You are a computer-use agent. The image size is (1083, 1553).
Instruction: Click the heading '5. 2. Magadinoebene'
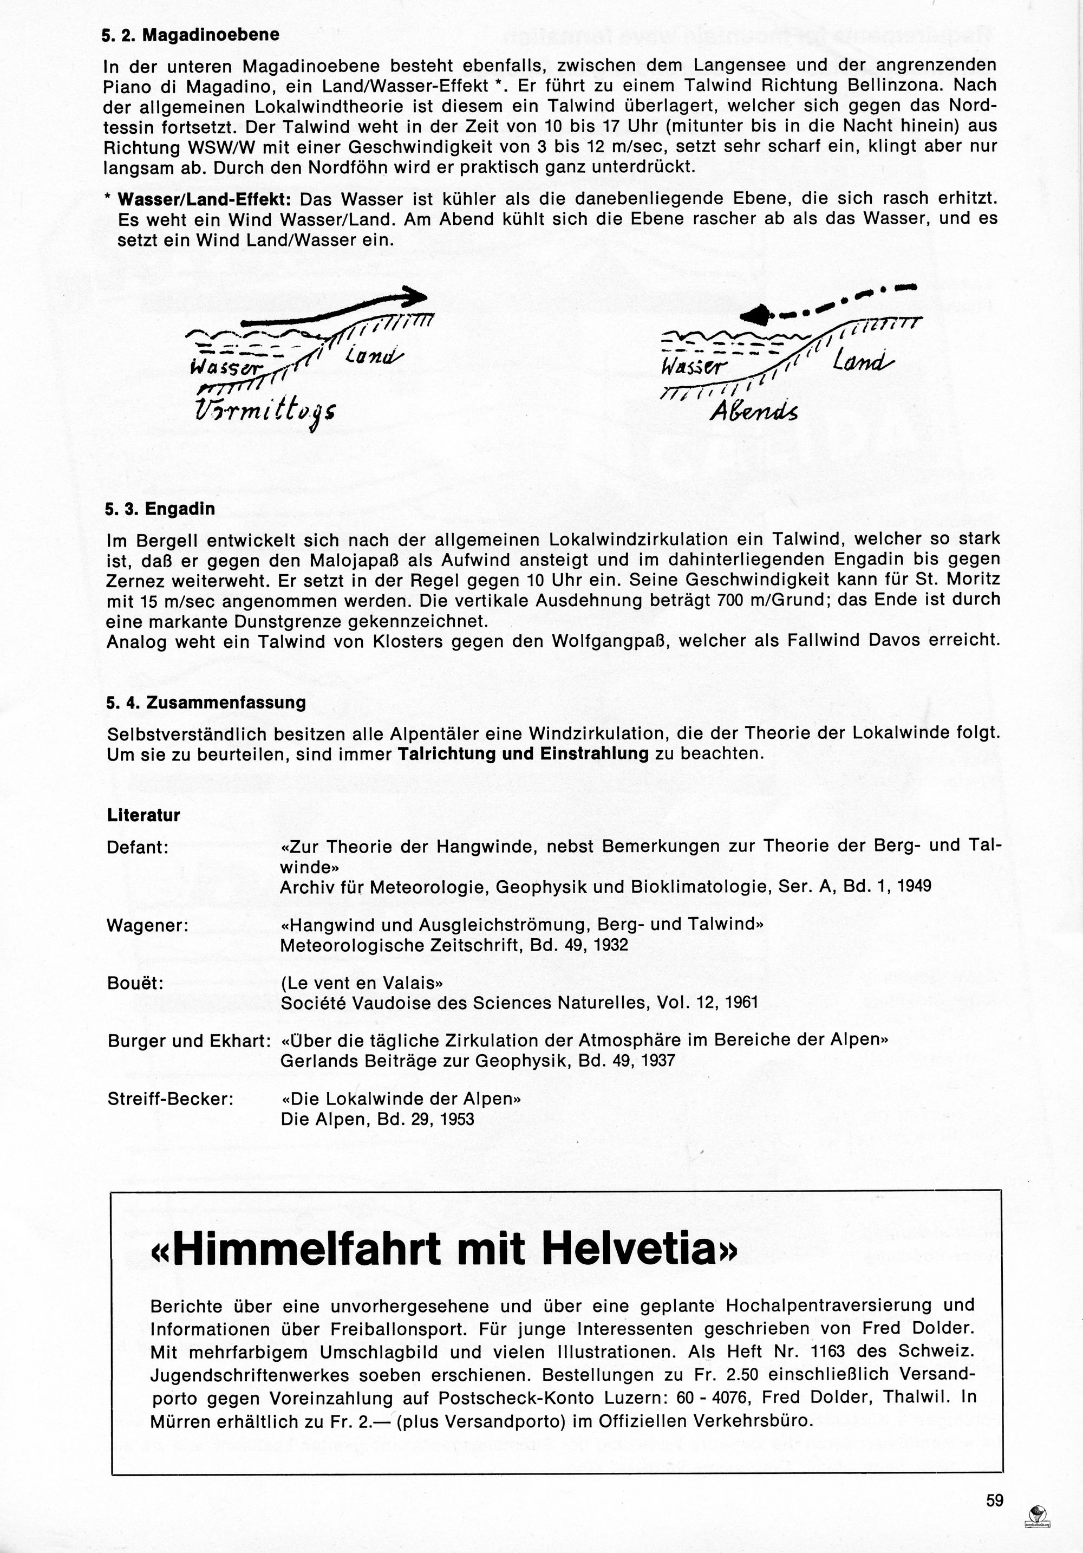pyautogui.click(x=191, y=35)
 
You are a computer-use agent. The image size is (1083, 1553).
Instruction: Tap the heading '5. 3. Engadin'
pyautogui.click(x=160, y=509)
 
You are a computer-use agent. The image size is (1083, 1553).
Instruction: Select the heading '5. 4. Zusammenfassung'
pyautogui.click(x=206, y=702)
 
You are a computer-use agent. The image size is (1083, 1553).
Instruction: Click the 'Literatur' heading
pyautogui.click(x=143, y=815)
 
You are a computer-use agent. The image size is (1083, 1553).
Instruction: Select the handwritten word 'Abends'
pyautogui.click(x=754, y=411)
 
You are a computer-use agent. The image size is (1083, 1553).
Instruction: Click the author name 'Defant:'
pyautogui.click(x=137, y=847)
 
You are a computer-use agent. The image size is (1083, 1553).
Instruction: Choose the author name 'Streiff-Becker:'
pyautogui.click(x=171, y=1099)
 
